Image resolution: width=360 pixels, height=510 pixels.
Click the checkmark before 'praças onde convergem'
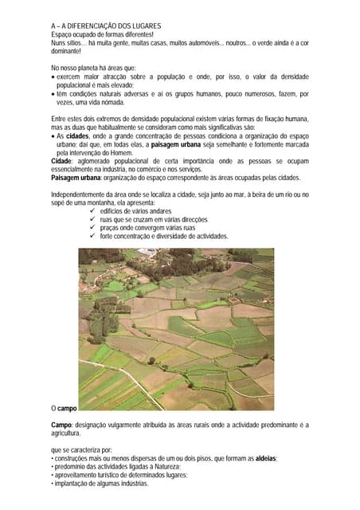tap(93, 227)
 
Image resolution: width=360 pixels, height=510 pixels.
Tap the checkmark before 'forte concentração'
tap(93, 236)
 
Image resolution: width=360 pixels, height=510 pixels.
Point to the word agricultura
tap(68, 433)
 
